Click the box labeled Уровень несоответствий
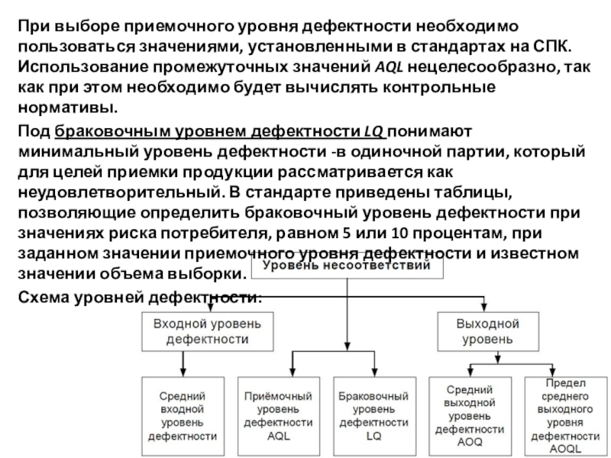click(347, 266)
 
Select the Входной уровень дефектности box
click(207, 331)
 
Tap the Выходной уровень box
click(488, 331)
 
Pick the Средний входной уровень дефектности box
click(183, 416)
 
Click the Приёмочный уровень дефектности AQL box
click(279, 416)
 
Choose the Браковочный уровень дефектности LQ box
click(374, 416)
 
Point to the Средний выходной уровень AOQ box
click(470, 416)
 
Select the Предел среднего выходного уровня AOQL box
click(566, 416)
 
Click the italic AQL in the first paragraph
click(389, 67)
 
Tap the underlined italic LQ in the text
click(373, 131)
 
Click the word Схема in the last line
click(44, 297)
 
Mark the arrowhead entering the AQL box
click(293, 372)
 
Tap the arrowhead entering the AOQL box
click(552, 372)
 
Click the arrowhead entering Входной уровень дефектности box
click(211, 308)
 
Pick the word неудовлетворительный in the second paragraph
click(121, 192)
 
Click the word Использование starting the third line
click(83, 67)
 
